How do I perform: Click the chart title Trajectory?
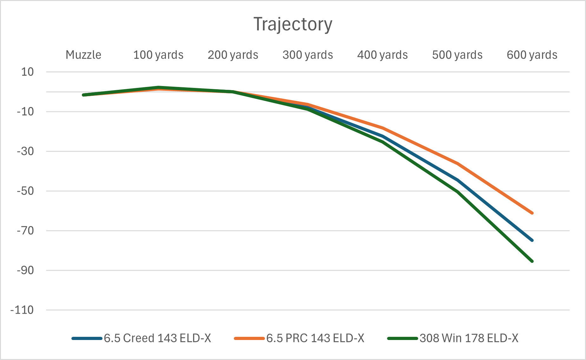(293, 24)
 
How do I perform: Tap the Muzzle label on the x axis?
(83, 55)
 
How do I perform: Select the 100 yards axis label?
(158, 55)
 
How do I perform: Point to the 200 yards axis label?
(233, 55)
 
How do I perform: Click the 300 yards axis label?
(308, 55)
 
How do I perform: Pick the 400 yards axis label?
(382, 55)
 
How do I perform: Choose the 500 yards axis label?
(457, 55)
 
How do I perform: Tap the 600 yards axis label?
(532, 55)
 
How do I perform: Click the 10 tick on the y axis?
(27, 72)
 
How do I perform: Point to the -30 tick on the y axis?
(25, 151)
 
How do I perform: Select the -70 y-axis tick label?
(25, 231)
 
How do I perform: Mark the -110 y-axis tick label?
(22, 310)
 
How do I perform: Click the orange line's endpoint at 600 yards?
(532, 213)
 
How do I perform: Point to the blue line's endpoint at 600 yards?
(532, 240)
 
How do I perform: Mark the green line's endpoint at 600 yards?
(532, 261)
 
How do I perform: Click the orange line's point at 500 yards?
(457, 163)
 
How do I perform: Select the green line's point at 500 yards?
(457, 192)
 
